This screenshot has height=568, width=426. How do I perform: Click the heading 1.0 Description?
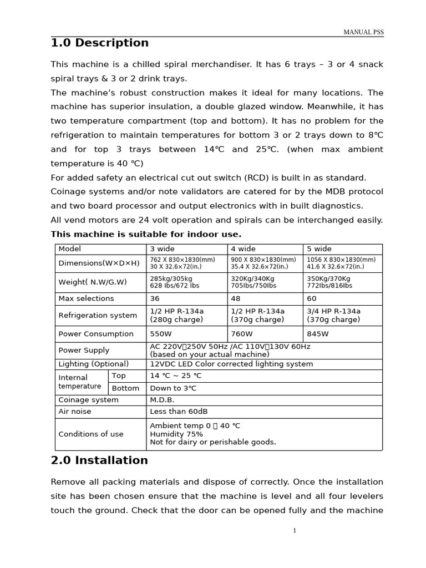coord(100,43)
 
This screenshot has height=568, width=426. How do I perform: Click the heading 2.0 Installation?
coord(99,460)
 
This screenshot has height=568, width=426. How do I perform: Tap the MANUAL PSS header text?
coord(363,32)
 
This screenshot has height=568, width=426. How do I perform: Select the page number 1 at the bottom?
coord(295,531)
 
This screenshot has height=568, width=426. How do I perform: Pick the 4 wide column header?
coord(244,249)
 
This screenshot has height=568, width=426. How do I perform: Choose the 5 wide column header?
coord(319,249)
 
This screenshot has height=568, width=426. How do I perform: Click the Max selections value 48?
coord(236,298)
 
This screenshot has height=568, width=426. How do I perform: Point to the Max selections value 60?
coord(312,298)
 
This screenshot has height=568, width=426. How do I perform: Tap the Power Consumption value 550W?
coord(161,334)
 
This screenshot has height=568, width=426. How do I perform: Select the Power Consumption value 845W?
coord(317,334)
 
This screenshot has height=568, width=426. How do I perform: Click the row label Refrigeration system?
coord(98,316)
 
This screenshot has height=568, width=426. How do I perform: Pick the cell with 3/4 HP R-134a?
coord(333,311)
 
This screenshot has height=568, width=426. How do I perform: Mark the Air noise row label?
coord(75,412)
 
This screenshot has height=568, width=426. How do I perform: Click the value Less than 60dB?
coord(179,412)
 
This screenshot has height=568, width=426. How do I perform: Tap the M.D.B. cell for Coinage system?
coord(162,400)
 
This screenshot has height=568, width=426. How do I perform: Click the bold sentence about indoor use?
coord(146,234)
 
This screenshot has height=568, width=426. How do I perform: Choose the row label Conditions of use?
coord(91,434)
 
